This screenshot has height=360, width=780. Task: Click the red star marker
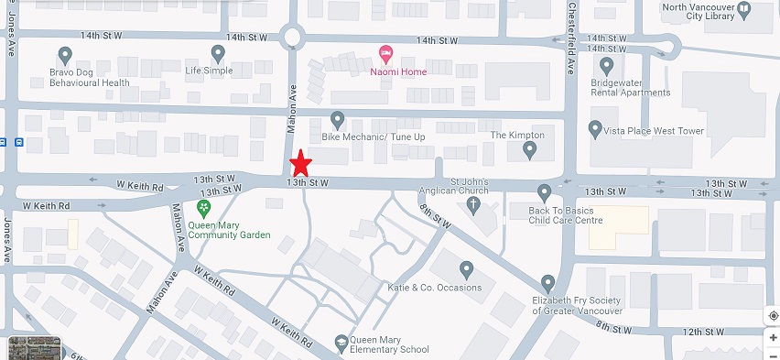click(301, 165)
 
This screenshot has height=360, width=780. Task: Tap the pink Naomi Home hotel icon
click(385, 54)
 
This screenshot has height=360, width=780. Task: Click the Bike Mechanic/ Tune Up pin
click(337, 119)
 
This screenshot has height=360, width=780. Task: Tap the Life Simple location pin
click(218, 53)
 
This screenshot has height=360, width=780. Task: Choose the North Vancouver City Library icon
click(743, 9)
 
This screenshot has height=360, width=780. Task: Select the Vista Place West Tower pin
click(596, 129)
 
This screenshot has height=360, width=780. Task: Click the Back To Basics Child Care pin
click(545, 192)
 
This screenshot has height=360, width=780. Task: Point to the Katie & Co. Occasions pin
click(465, 269)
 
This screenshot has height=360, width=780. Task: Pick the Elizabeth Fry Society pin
click(548, 282)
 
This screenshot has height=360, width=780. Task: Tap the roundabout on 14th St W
click(293, 38)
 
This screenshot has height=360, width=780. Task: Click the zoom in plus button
click(773, 337)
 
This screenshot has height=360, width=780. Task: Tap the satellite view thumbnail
click(34, 348)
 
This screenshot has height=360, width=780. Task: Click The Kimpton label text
click(517, 135)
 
